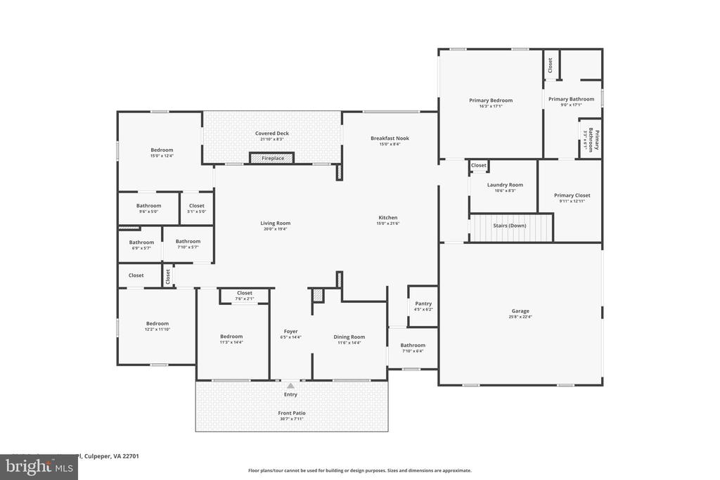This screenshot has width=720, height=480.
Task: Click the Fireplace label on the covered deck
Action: (273, 158)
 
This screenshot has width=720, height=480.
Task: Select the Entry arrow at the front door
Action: (290, 385)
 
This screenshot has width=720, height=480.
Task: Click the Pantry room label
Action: (423, 304)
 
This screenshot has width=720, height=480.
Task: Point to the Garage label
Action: (520, 311)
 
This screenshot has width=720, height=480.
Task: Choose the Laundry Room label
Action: (505, 185)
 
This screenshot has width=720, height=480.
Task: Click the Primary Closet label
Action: (572, 195)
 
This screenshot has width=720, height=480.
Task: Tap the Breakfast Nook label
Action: (390, 138)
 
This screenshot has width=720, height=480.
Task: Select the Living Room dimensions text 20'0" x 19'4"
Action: (275, 229)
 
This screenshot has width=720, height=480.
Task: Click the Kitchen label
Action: (388, 218)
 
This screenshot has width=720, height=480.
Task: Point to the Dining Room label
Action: (349, 337)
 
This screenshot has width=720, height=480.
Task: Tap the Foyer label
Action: (290, 331)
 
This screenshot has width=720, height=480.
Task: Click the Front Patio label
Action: (291, 413)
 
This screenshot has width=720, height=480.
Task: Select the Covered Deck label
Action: (271, 133)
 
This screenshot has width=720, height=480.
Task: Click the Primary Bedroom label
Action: (491, 100)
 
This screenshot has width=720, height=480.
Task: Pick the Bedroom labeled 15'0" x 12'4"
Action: (162, 150)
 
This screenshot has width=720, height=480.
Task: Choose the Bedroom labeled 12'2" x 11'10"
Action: (157, 323)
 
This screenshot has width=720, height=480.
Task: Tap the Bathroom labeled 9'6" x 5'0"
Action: (148, 206)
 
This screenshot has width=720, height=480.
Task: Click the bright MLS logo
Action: (38, 467)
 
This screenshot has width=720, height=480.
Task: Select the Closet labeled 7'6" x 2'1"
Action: (244, 293)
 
